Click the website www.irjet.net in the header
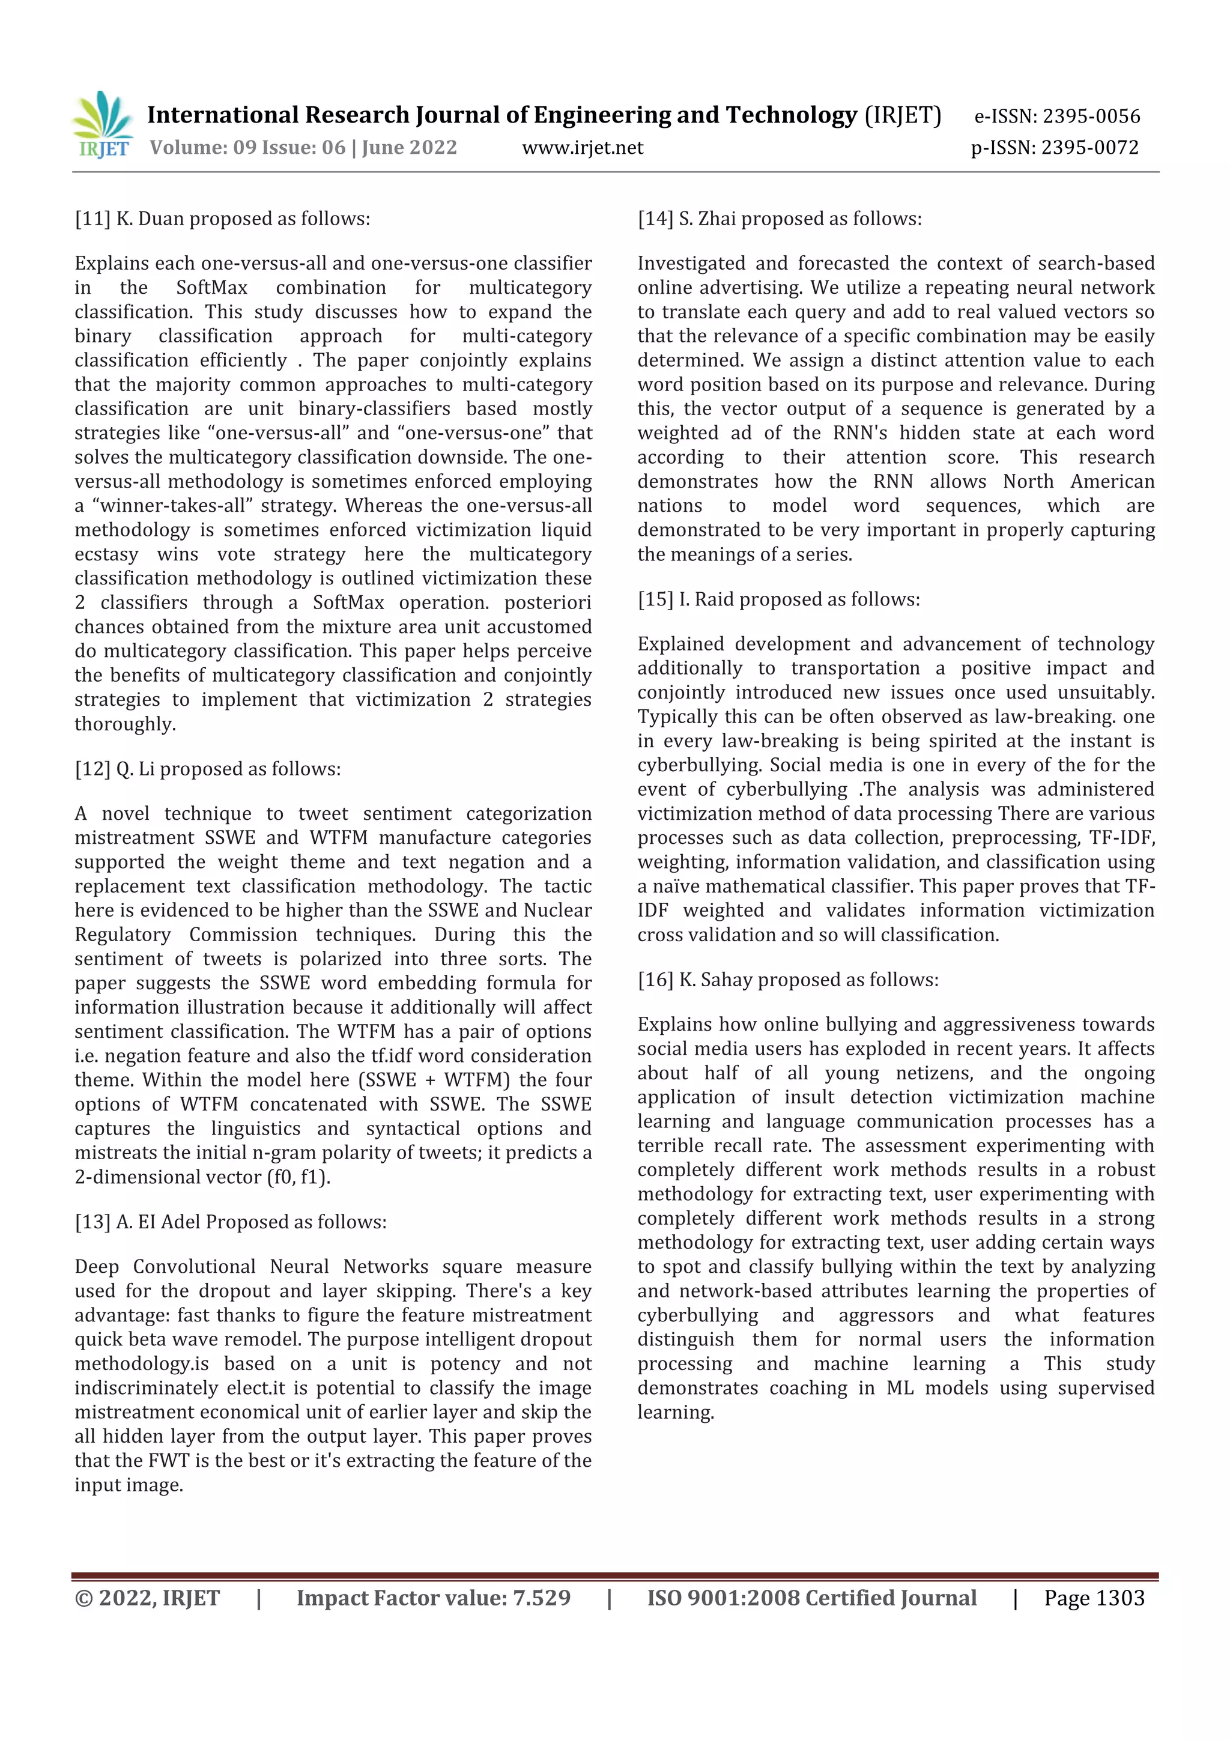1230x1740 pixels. click(x=582, y=148)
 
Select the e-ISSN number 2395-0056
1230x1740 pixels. click(x=1091, y=116)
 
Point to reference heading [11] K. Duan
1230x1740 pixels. click(x=222, y=219)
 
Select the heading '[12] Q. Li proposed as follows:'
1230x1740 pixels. click(x=208, y=769)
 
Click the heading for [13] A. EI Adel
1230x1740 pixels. click(x=231, y=1222)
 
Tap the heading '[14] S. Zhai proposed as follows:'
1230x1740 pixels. click(x=779, y=219)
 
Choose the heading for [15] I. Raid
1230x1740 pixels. click(x=778, y=599)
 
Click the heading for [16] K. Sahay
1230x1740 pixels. click(x=787, y=980)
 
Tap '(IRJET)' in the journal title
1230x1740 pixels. click(x=903, y=115)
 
